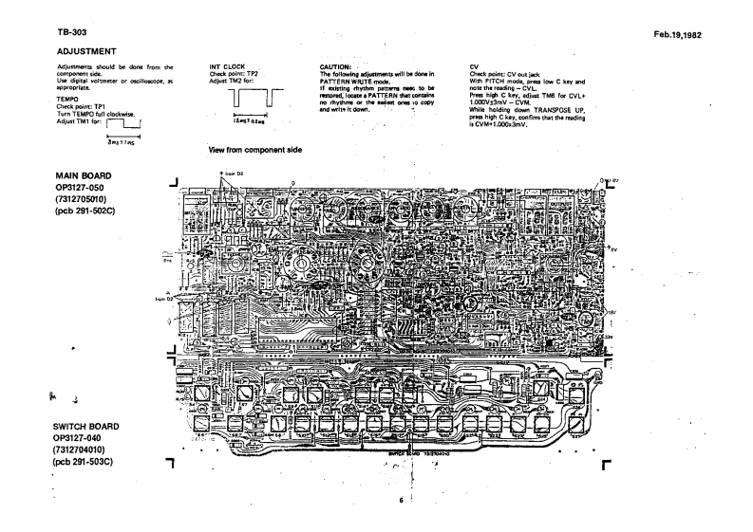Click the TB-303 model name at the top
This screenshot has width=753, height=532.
(47, 32)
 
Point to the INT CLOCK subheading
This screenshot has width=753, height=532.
(226, 67)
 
